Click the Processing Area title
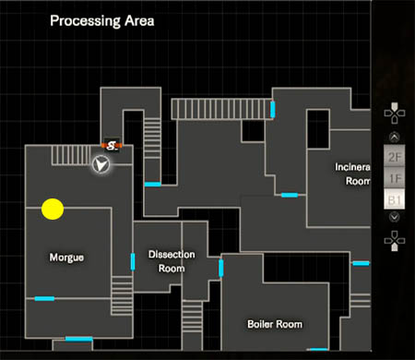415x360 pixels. tap(101, 19)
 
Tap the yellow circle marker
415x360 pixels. tap(53, 210)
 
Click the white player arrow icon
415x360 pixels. tap(102, 164)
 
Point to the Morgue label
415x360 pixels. tap(66, 258)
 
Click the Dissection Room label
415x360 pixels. tap(167, 262)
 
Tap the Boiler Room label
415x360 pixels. tap(275, 324)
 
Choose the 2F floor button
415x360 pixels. tap(395, 157)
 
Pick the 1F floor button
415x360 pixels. tap(395, 178)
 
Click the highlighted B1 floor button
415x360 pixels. tap(395, 199)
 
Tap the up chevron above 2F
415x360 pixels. tap(394, 139)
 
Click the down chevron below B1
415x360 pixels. tap(394, 218)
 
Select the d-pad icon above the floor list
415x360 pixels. tap(394, 114)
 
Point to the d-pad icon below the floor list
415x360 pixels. tap(394, 241)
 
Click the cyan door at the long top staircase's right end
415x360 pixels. tap(273, 111)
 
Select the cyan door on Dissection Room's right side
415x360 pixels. tap(221, 269)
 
